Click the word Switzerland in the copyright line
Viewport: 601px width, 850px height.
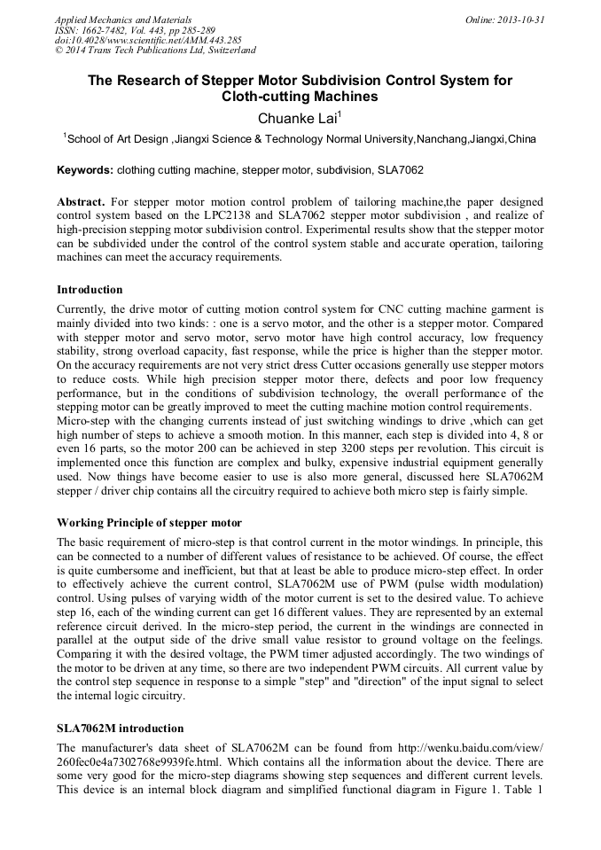pos(226,51)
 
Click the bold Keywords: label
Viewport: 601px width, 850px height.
pos(85,169)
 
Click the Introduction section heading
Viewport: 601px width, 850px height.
pos(90,290)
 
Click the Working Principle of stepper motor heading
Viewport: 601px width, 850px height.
pos(149,522)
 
